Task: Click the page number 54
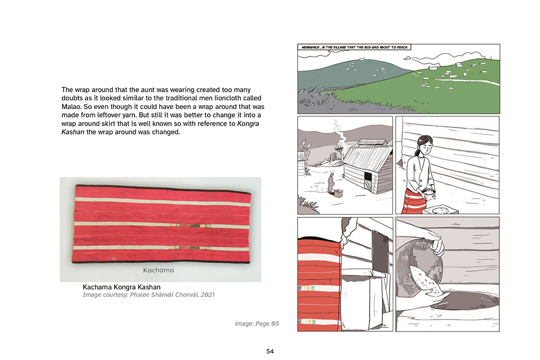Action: (x=270, y=351)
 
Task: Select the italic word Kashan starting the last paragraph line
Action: (x=73, y=132)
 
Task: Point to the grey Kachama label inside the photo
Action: (x=158, y=270)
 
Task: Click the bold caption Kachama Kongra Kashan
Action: (x=122, y=287)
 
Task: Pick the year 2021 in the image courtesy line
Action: (x=208, y=295)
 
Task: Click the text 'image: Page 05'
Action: (x=257, y=323)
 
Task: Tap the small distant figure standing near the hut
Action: (x=330, y=183)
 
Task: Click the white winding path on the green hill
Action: (x=465, y=81)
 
